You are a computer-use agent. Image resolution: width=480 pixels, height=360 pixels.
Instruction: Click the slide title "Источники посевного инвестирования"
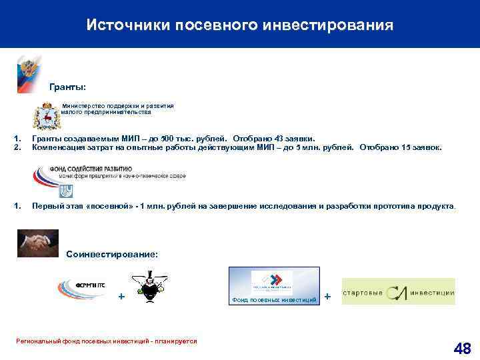[240, 25]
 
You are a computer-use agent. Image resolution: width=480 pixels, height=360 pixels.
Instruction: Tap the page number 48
[461, 347]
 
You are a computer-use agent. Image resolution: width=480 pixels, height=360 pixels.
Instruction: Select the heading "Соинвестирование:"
[113, 255]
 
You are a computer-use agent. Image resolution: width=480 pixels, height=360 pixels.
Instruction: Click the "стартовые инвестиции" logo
[399, 291]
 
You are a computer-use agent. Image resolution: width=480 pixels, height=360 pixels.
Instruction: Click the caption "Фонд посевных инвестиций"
[274, 301]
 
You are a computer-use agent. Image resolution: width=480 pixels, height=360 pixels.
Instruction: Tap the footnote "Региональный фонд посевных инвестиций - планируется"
[106, 341]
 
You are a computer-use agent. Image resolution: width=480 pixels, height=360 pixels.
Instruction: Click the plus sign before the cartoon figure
[121, 295]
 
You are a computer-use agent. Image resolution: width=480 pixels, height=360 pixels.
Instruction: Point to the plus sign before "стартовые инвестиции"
[327, 295]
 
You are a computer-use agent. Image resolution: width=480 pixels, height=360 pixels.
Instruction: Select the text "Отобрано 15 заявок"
[400, 147]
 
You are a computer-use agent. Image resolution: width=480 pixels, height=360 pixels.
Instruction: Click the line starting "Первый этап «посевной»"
[244, 207]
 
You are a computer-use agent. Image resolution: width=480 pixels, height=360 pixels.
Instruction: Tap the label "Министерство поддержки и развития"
[118, 105]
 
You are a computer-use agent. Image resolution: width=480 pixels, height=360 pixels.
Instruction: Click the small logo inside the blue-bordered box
[271, 282]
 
